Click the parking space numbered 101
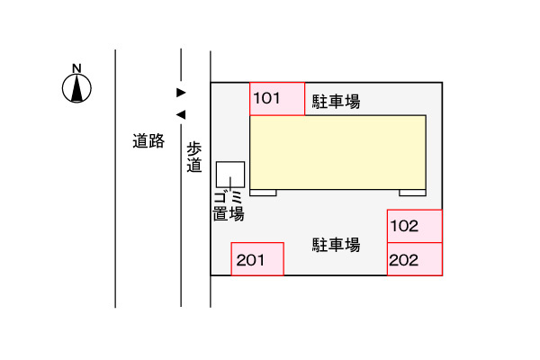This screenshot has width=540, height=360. point(277,99)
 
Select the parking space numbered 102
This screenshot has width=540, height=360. point(415,226)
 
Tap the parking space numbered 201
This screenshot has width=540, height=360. point(257,259)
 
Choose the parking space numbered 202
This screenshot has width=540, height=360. point(415,259)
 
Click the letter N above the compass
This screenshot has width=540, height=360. point(76,68)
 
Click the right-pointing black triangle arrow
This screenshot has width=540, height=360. point(181,93)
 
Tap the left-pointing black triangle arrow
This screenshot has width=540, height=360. point(181,114)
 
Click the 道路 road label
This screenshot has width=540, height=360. point(148,141)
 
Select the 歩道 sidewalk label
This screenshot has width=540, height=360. point(194,157)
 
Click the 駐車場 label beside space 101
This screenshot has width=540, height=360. point(336,102)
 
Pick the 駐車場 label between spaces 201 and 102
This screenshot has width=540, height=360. point(336,245)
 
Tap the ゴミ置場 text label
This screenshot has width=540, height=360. point(229,206)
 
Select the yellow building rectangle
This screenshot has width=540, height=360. point(337,152)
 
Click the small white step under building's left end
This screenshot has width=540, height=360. point(263,193)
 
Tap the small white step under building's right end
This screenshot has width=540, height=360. point(412,193)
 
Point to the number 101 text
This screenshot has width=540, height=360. point(266,98)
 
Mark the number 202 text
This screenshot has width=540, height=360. point(404,260)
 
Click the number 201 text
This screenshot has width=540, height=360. point(250,260)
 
